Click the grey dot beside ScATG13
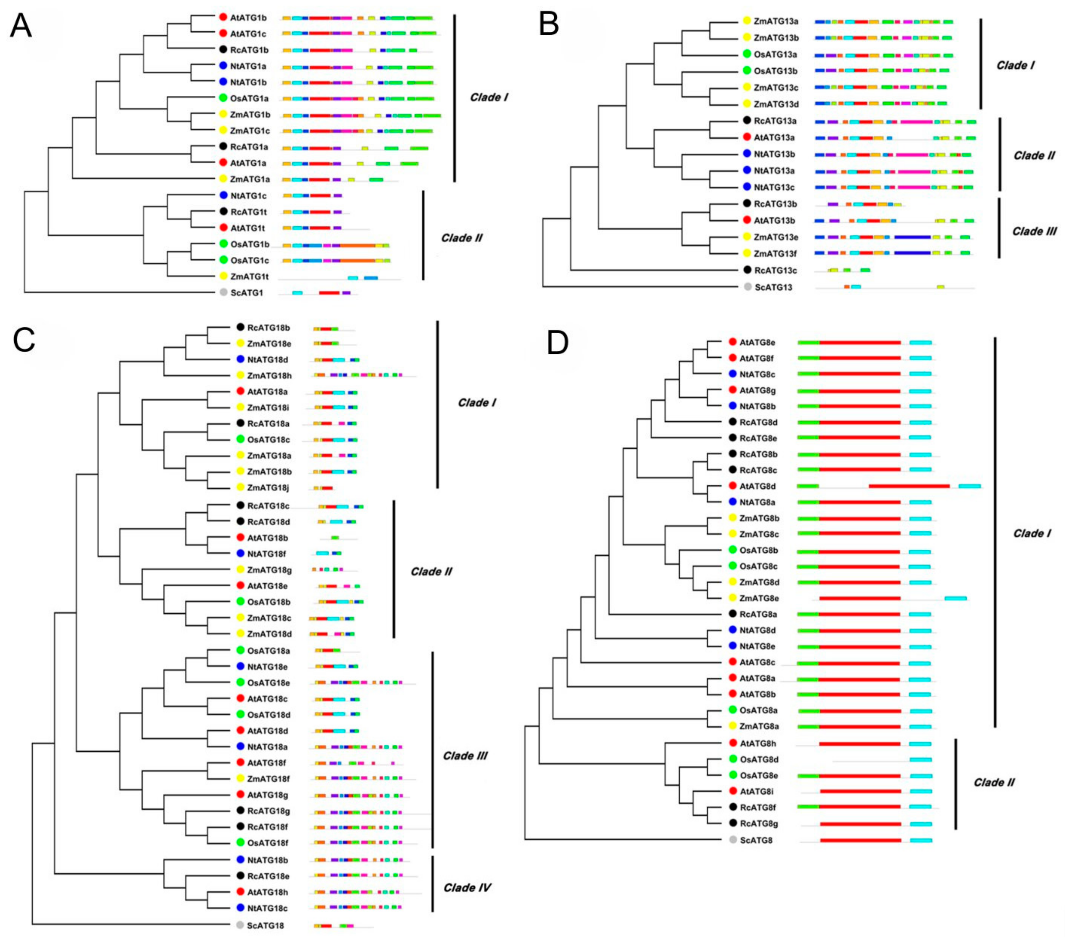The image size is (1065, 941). [x=748, y=287]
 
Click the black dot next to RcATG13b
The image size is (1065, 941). [x=748, y=204]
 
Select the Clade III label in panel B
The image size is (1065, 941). [x=1034, y=231]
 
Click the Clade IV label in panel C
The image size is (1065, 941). [x=467, y=887]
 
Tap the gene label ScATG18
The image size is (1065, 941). [x=265, y=925]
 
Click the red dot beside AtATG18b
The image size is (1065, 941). [x=240, y=537]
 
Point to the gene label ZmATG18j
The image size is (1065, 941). [x=268, y=488]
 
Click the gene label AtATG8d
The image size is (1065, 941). [x=757, y=486]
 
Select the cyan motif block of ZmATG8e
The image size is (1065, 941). [x=955, y=598]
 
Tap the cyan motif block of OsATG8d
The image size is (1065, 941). [x=921, y=760]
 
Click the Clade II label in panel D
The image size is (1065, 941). [x=994, y=783]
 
